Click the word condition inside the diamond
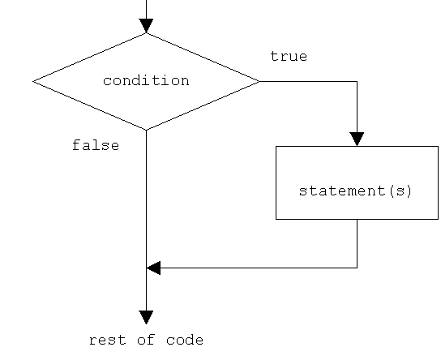click(146, 81)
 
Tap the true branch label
click(289, 57)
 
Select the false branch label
click(96, 146)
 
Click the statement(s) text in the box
click(356, 191)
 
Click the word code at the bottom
click(185, 341)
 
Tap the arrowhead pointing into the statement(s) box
click(357, 139)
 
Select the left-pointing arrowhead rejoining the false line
click(153, 268)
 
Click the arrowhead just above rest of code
click(146, 317)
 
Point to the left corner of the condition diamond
click(33, 81)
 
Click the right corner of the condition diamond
click(259, 81)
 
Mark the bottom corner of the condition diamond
click(146, 130)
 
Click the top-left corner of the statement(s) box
click(276, 146)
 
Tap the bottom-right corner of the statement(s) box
click(438, 219)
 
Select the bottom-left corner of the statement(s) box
click(276, 219)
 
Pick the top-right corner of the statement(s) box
click(438, 146)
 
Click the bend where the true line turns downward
click(357, 81)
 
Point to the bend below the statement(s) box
click(357, 268)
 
